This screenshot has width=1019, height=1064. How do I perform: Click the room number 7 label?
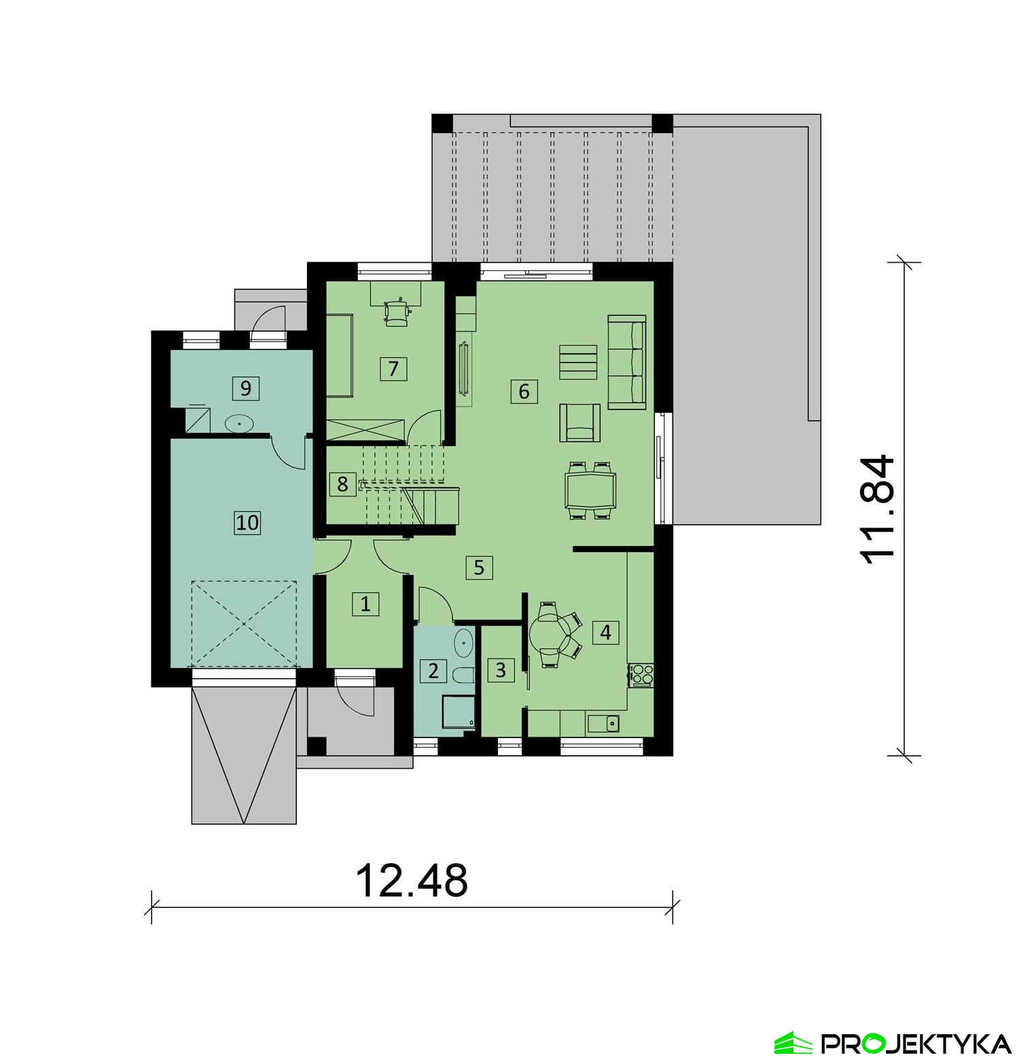tap(393, 369)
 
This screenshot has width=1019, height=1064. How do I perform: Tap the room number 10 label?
tap(247, 522)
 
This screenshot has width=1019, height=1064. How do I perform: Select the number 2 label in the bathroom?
tap(433, 671)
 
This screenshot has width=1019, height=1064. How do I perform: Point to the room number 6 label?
tap(524, 391)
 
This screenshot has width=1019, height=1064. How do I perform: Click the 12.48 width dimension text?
tap(412, 881)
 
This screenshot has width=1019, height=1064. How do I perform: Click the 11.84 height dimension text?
tap(877, 509)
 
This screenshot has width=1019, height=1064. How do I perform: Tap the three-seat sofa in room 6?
tap(626, 362)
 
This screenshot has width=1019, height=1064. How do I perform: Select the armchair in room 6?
tap(579, 422)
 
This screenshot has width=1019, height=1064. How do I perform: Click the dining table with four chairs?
tap(590, 490)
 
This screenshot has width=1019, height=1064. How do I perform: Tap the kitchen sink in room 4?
tap(603, 724)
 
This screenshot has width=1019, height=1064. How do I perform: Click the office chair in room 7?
tap(397, 312)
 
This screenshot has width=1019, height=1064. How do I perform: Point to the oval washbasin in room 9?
tap(239, 424)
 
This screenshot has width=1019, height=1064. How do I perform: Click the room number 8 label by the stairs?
tap(342, 484)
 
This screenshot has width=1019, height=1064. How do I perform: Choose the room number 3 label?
tap(501, 670)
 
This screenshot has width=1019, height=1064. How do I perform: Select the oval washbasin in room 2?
tap(464, 642)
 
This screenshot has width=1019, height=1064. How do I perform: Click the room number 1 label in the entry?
tap(365, 603)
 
